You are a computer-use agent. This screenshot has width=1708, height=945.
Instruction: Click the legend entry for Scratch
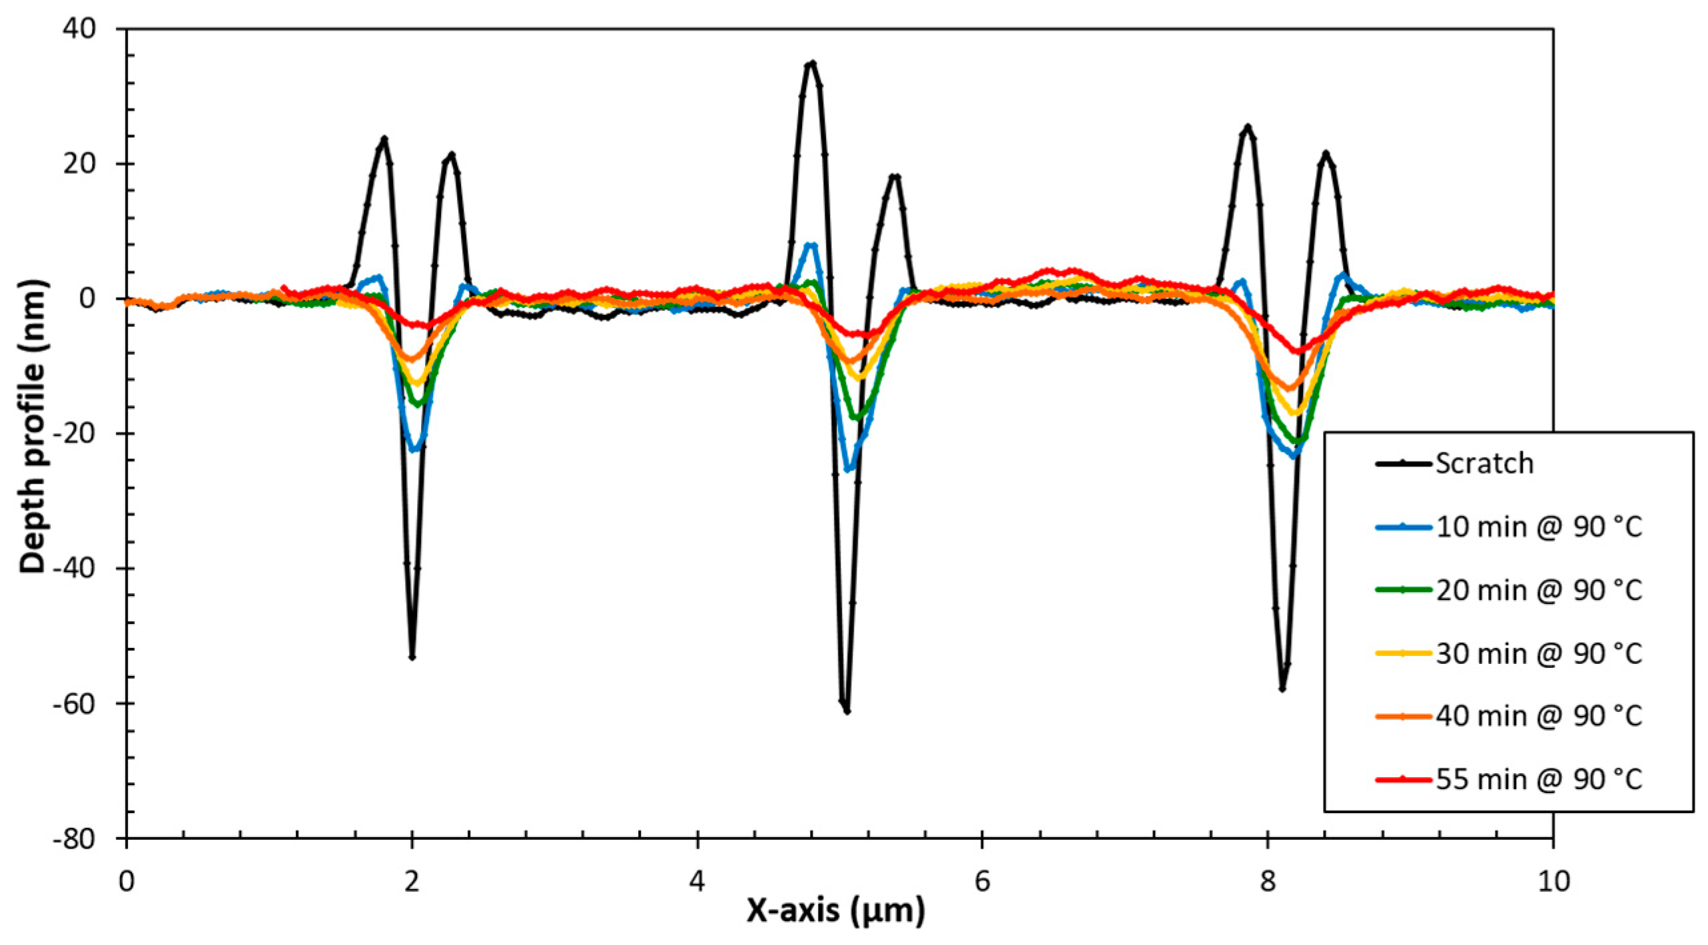click(x=1484, y=464)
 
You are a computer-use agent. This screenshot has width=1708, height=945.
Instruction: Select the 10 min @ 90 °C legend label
click(x=1539, y=527)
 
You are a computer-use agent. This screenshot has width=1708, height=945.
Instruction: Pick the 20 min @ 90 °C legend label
click(x=1539, y=590)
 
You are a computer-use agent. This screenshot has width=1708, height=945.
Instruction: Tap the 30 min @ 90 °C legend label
click(x=1539, y=653)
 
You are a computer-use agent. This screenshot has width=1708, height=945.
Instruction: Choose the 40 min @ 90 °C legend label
click(x=1539, y=716)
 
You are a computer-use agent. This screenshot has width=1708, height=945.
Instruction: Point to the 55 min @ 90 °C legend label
click(x=1539, y=779)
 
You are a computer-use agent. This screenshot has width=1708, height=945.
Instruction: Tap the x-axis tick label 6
click(x=983, y=881)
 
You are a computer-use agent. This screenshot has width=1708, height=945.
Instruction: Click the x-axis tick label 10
click(x=1552, y=881)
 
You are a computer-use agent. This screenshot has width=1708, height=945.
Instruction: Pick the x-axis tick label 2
click(x=412, y=881)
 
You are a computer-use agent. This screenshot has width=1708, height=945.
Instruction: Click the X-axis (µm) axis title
click(x=835, y=910)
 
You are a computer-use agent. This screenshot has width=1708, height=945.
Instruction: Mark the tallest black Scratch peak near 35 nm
click(x=812, y=63)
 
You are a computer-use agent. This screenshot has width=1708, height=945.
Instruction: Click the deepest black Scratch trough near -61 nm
click(x=847, y=711)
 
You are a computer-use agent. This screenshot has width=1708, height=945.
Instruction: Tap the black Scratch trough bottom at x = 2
click(x=412, y=657)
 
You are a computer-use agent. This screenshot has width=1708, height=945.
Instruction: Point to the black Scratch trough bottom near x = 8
click(x=1282, y=689)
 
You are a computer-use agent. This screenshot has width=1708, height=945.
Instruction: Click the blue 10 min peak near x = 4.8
click(x=811, y=245)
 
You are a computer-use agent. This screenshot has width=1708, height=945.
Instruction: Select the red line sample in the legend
click(x=1403, y=779)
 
